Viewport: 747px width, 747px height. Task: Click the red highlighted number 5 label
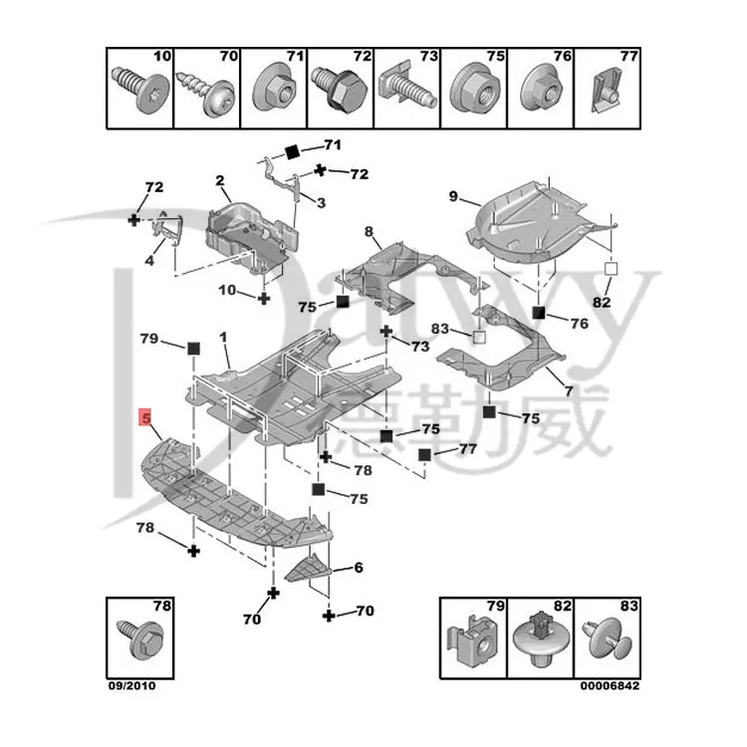point(144,417)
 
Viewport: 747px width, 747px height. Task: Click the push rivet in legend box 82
point(538,636)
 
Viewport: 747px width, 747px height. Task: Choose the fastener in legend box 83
point(607,638)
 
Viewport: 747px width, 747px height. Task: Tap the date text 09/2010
point(131,686)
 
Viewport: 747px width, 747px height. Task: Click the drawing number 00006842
point(610,686)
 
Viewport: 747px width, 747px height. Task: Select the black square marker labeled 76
point(539,313)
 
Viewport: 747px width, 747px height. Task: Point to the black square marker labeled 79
point(193,348)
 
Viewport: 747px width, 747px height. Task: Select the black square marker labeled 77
point(425,455)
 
